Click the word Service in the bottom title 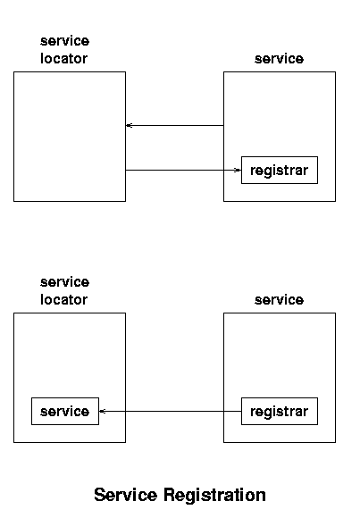pyautogui.click(x=125, y=495)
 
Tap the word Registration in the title pyautogui.click(x=215, y=495)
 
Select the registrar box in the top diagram pyautogui.click(x=280, y=170)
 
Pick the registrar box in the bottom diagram pyautogui.click(x=280, y=412)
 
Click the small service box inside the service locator pyautogui.click(x=65, y=412)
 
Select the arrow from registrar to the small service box pyautogui.click(x=171, y=412)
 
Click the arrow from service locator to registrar pyautogui.click(x=183, y=170)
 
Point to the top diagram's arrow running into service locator pyautogui.click(x=174, y=126)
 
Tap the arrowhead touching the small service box pyautogui.click(x=102, y=412)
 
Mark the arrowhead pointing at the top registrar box pyautogui.click(x=238, y=170)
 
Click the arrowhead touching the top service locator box pyautogui.click(x=129, y=126)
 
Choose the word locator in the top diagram pyautogui.click(x=63, y=58)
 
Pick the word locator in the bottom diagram pyautogui.click(x=63, y=299)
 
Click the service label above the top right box pyautogui.click(x=279, y=59)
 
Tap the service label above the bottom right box pyautogui.click(x=279, y=300)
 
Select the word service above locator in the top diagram pyautogui.click(x=65, y=41)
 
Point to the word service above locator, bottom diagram pyautogui.click(x=65, y=282)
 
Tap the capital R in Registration pyautogui.click(x=170, y=495)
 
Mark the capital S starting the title pyautogui.click(x=100, y=495)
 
